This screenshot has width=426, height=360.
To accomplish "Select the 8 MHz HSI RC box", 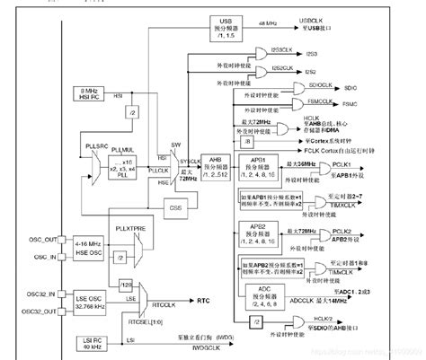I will click(x=91, y=94).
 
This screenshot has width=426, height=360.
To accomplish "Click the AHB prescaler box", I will click(x=217, y=163).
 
